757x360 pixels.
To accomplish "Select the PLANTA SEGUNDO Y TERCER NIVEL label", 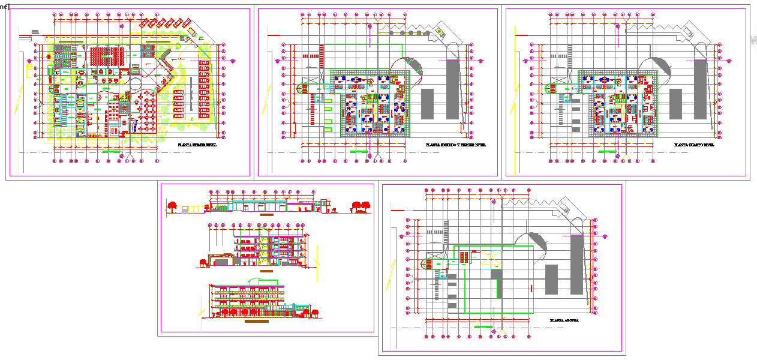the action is (455, 145).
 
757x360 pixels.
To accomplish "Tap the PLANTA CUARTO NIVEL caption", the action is (693, 145).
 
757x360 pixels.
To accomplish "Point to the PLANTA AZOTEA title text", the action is (564, 321).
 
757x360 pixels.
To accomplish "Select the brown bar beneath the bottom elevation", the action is (257, 322).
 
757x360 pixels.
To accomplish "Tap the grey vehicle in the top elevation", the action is (194, 209).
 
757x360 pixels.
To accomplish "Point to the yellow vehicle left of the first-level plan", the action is (28, 67).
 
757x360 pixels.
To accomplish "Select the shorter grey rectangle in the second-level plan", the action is (427, 103).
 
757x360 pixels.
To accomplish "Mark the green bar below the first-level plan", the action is (112, 152).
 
